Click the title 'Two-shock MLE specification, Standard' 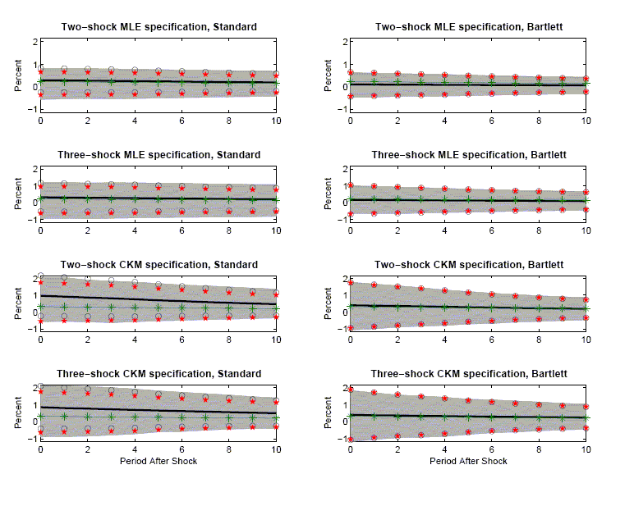[158, 27]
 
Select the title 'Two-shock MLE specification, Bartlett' [468, 27]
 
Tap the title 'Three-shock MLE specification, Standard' [158, 154]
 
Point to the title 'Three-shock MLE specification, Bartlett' [468, 154]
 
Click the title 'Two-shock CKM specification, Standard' [158, 265]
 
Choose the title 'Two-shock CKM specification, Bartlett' [468, 265]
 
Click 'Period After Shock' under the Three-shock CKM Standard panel [158, 461]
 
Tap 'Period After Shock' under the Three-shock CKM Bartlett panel [468, 461]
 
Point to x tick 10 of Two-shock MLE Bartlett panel [586, 121]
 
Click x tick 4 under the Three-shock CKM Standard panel [135, 451]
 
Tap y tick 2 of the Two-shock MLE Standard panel [33, 42]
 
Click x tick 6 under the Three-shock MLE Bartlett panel [491, 230]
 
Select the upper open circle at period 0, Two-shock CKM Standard [40, 276]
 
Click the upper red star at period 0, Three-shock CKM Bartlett [351, 390]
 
